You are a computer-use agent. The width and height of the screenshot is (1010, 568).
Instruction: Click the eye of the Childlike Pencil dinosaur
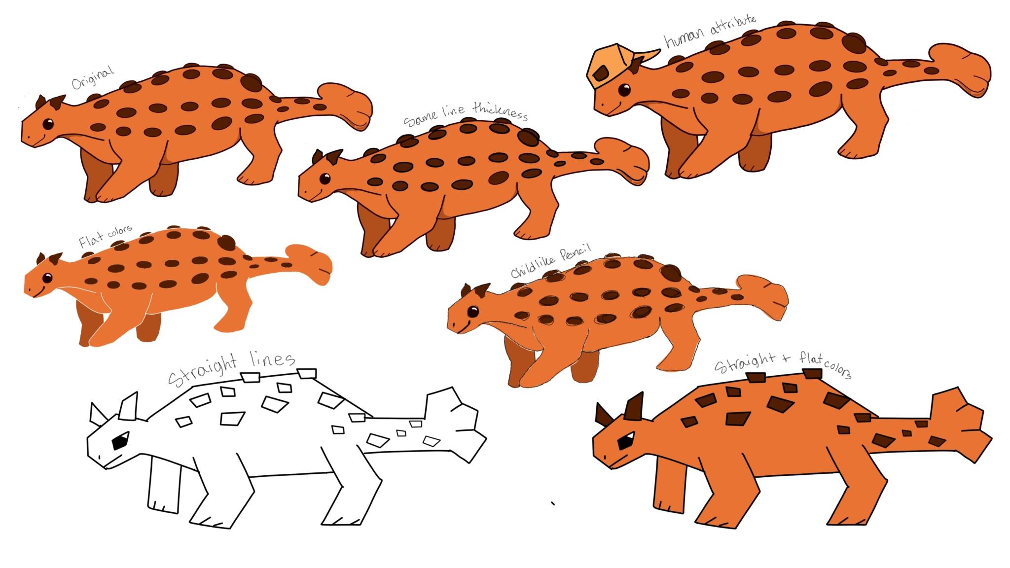[x=473, y=311]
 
